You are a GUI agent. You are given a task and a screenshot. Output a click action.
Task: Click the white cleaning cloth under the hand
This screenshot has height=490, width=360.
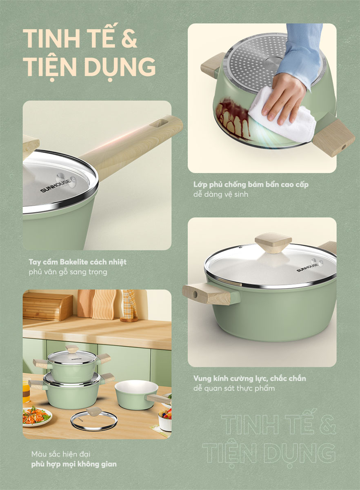coord(282,118)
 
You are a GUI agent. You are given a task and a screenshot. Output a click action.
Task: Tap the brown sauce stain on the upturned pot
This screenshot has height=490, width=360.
coord(233,116)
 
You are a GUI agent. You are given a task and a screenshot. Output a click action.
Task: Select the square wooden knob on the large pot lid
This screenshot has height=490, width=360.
coord(273,243)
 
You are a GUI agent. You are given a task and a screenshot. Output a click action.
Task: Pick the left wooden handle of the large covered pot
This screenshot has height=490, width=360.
coord(201,293)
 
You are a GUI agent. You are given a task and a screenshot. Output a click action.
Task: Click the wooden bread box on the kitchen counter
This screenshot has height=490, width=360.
coord(47,306)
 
